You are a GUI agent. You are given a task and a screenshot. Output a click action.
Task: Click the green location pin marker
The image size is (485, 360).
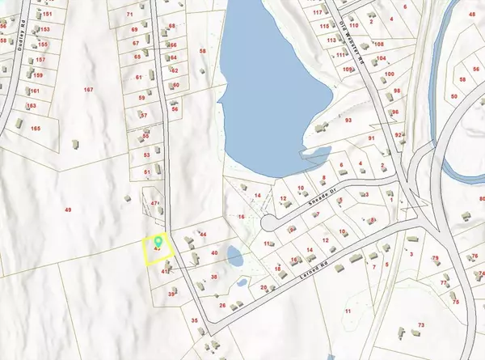[158, 240]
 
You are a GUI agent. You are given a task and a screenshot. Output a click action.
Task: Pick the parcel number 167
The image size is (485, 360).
[88, 90]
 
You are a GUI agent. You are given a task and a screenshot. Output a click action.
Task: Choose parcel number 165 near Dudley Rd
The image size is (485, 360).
[35, 129]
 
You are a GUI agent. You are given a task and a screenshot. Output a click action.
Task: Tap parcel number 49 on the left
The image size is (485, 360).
[69, 210]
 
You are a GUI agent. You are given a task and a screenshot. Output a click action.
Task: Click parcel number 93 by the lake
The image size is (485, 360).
[348, 121]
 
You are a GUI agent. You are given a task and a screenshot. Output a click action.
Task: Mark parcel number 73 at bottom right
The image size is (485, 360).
[421, 325]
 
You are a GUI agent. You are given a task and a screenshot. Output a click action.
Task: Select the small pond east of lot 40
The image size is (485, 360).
[234, 258]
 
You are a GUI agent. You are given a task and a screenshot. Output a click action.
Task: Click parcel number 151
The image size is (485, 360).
[47, 15]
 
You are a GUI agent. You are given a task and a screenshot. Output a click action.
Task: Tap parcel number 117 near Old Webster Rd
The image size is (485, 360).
[318, 13]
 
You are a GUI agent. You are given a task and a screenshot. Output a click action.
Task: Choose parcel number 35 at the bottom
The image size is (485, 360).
[194, 320]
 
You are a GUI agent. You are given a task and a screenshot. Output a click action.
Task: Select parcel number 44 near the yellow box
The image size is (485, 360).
[203, 235]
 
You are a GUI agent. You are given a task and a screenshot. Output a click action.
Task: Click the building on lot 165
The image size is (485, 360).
[72, 143]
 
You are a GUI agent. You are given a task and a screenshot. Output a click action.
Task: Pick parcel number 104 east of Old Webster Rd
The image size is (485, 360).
[382, 59]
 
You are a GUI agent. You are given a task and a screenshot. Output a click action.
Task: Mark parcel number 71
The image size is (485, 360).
[130, 15]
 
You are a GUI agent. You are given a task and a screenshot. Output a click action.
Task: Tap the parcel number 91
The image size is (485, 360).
[373, 139]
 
